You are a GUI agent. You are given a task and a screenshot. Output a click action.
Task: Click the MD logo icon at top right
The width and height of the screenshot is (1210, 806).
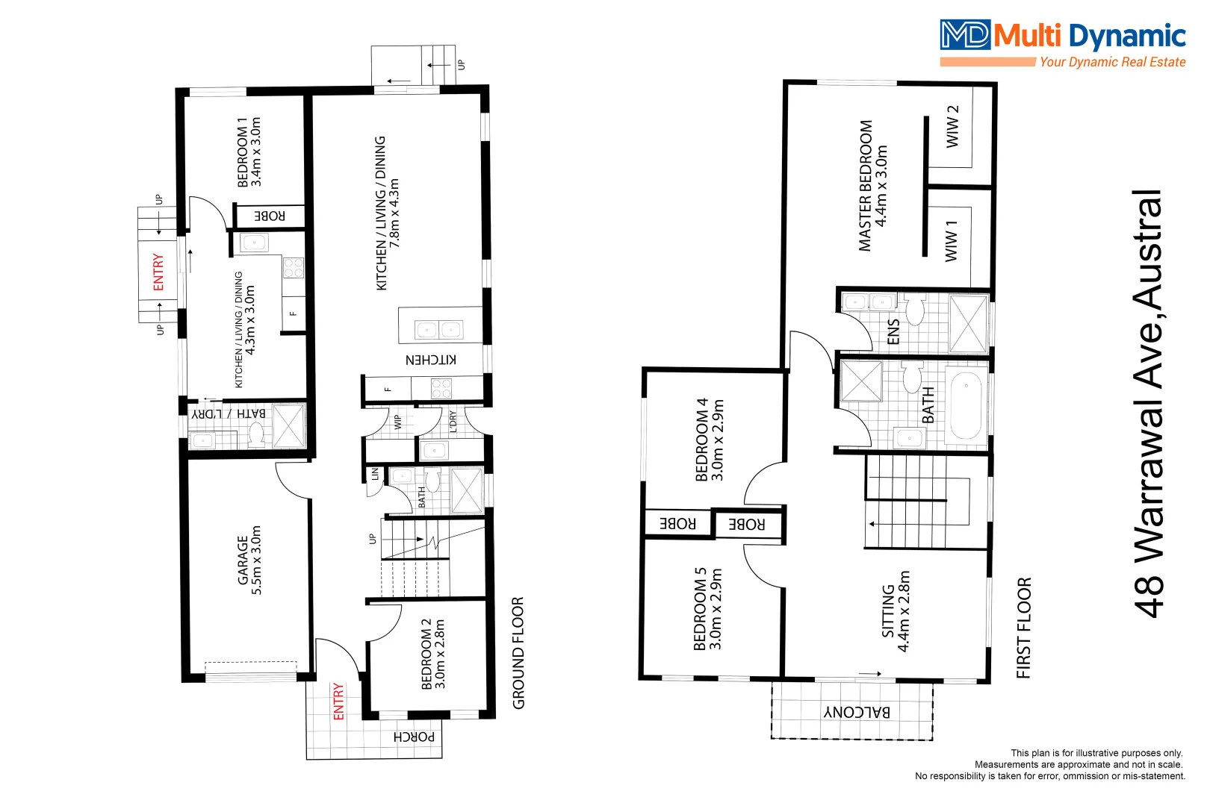965,35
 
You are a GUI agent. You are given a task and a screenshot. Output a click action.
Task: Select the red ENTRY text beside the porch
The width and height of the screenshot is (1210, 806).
338,701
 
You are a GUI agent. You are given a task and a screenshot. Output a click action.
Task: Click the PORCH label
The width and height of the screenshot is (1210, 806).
414,737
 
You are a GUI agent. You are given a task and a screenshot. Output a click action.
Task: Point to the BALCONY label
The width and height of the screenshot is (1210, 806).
857,711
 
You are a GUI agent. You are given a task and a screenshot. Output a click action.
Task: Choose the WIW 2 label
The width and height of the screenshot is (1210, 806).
952,126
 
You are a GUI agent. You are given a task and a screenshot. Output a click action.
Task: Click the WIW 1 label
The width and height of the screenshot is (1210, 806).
951,240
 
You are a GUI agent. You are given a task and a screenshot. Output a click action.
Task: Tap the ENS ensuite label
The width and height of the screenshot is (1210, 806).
893,332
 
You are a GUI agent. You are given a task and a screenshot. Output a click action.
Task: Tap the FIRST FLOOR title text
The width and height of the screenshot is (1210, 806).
1023,628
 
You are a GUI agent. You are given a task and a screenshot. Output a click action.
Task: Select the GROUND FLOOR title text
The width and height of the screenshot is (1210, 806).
518,652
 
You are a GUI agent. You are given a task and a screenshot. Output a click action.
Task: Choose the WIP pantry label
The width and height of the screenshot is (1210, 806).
398,422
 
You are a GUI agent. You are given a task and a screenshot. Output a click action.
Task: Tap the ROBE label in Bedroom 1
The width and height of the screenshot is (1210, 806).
270,216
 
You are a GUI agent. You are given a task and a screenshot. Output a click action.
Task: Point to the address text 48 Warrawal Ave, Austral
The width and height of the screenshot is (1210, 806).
1149,404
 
